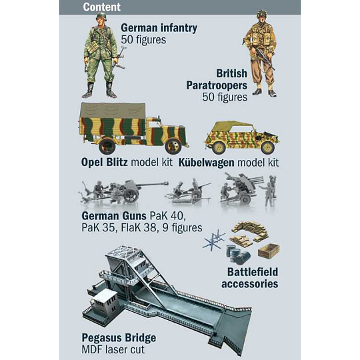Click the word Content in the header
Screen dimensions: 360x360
102,7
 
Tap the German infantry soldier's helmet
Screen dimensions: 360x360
101,16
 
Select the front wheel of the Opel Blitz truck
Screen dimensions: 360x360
173,145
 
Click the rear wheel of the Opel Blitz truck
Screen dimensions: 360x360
107,145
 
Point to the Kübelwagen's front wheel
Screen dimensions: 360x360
267,147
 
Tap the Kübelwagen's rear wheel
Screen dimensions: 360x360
219,147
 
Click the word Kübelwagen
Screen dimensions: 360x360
207,163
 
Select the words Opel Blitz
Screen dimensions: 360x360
105,162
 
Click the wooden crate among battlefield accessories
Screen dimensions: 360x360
269,251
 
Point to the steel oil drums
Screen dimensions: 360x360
238,254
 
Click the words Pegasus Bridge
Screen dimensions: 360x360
119,338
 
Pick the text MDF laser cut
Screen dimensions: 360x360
113,349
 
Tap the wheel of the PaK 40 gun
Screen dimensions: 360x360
131,195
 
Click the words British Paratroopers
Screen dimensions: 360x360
217,79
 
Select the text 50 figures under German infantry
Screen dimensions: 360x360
143,39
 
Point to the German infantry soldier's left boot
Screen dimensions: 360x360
111,90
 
